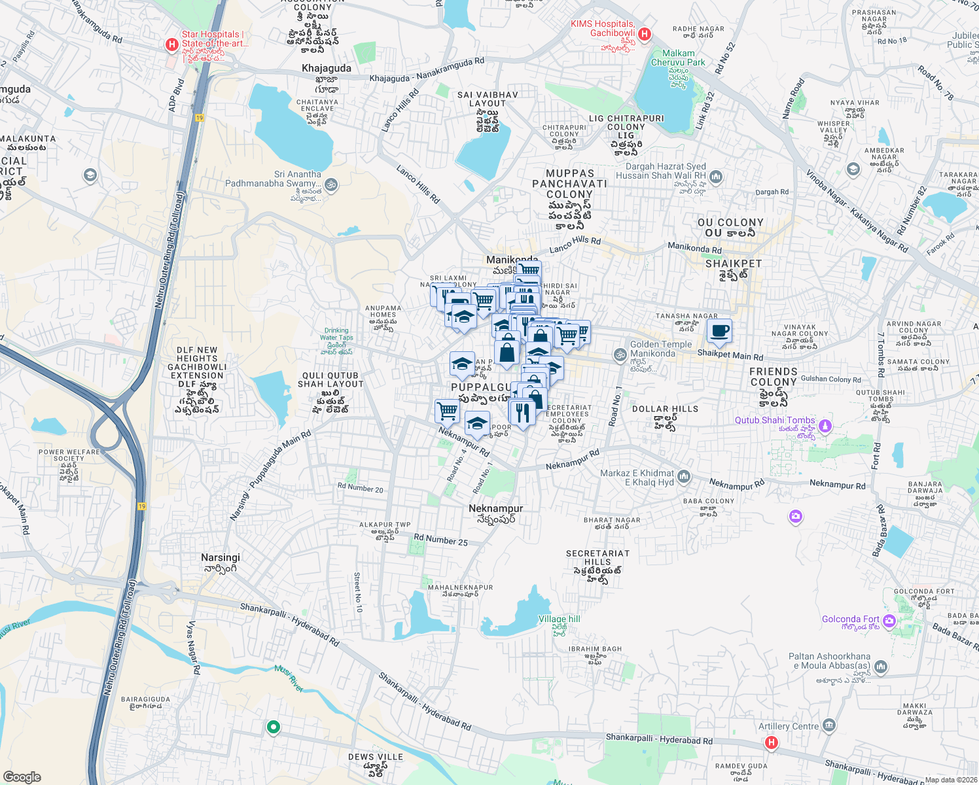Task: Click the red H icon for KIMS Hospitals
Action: pyautogui.click(x=644, y=34)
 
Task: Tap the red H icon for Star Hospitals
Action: pyautogui.click(x=171, y=44)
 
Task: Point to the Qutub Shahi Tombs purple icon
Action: pyautogui.click(x=825, y=426)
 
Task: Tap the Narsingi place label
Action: pyautogui.click(x=221, y=557)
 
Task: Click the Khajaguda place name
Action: pyautogui.click(x=327, y=68)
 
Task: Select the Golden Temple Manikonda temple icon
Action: pyautogui.click(x=619, y=355)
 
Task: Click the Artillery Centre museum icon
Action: pyautogui.click(x=829, y=725)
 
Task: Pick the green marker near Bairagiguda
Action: pyautogui.click(x=274, y=727)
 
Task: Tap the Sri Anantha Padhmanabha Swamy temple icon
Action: pyautogui.click(x=331, y=184)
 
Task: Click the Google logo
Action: pyautogui.click(x=22, y=777)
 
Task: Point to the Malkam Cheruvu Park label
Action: pyautogui.click(x=678, y=58)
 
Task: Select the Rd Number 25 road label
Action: pyautogui.click(x=440, y=540)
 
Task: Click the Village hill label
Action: pyautogui.click(x=559, y=619)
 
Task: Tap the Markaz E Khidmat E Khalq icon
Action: pyautogui.click(x=684, y=477)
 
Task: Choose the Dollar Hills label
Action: pyautogui.click(x=665, y=409)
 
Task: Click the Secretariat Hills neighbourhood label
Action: pyautogui.click(x=597, y=557)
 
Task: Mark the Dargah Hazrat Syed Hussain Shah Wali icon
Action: pyautogui.click(x=716, y=176)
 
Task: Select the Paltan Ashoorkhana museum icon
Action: pyautogui.click(x=881, y=667)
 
